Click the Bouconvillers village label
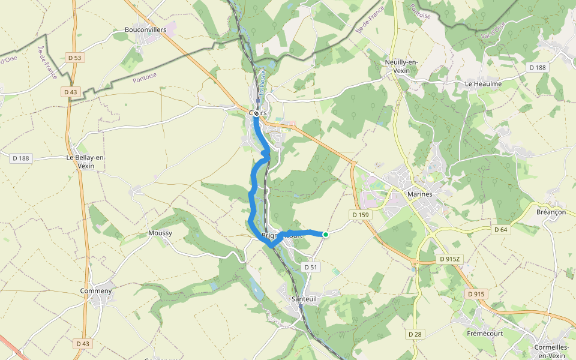141,29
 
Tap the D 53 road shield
74,58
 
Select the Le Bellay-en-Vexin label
86,162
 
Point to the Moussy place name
160,233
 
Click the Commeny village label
96,291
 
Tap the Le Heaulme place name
483,84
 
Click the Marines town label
419,194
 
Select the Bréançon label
551,212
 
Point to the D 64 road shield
501,230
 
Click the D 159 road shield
361,214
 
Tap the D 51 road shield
310,267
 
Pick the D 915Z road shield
449,259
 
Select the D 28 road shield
415,334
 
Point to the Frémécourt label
484,332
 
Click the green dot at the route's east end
326,235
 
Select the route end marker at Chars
256,113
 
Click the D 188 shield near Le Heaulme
538,68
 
